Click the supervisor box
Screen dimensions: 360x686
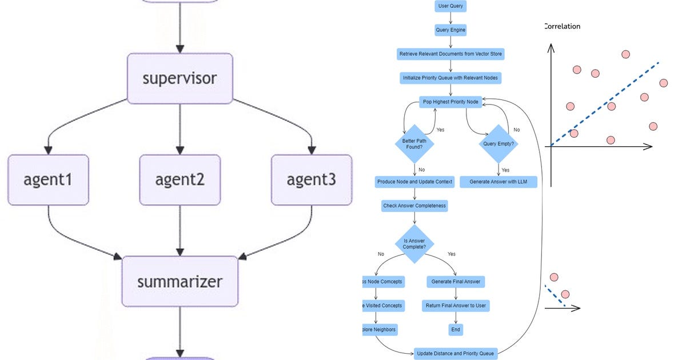(180, 78)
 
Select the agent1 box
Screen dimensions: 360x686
(48, 179)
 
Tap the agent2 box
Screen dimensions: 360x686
(180, 179)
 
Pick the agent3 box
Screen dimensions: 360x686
(311, 179)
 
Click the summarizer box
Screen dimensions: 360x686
(180, 281)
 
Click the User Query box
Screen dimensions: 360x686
(450, 6)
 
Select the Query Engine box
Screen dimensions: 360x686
(450, 30)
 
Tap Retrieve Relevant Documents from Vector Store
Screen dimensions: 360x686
(450, 54)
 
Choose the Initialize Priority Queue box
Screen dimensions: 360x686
(450, 78)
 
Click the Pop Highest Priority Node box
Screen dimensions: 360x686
(450, 102)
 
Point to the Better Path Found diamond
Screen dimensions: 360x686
(414, 144)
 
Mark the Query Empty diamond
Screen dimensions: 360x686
(498, 144)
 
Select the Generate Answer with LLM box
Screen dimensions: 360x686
(498, 182)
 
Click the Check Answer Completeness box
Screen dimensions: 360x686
(414, 206)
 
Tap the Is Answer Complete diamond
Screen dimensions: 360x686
(414, 243)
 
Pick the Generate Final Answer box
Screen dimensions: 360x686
(456, 281)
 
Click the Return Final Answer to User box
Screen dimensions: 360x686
(456, 306)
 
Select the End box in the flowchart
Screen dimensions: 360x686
(456, 330)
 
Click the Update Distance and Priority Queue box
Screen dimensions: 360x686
(456, 353)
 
